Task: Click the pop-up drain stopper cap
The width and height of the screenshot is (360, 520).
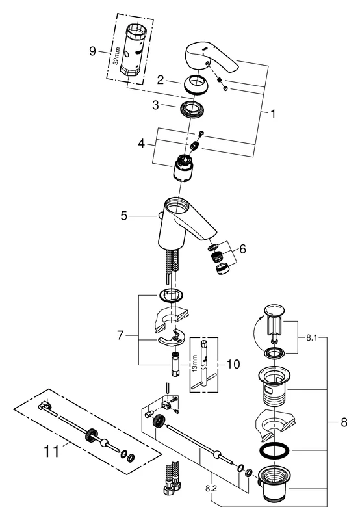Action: pos(271,311)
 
